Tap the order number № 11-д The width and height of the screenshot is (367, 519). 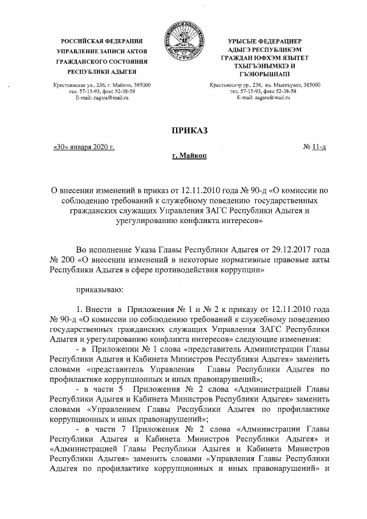(x=315, y=148)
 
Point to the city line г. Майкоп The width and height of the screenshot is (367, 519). (x=189, y=156)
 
